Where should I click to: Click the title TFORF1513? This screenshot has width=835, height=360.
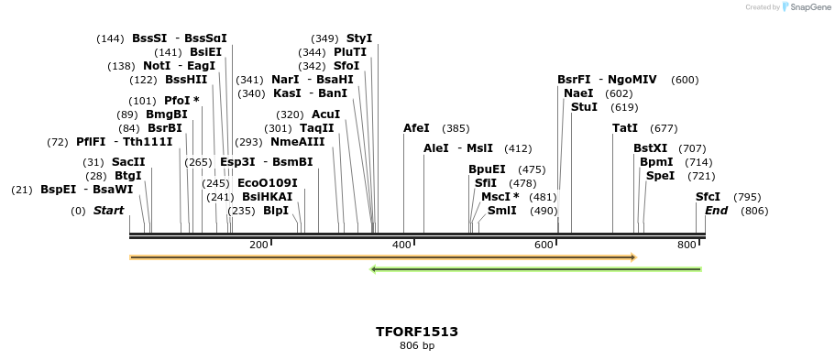[417, 332]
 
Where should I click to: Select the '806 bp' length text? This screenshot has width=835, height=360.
[417, 346]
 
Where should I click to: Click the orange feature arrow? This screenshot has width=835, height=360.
[383, 257]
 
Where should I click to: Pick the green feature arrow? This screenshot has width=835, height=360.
[536, 269]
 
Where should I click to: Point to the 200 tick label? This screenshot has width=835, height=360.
[258, 245]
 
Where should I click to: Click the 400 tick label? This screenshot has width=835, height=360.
[401, 245]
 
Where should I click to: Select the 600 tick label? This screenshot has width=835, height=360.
[544, 245]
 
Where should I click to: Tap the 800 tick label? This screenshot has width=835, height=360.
[687, 245]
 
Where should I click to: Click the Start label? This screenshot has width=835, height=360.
[108, 211]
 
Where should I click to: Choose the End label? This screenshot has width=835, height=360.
[716, 211]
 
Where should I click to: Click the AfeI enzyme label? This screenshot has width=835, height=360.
[416, 129]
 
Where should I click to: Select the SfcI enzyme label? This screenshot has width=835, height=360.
[708, 197]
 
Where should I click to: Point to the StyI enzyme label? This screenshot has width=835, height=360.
[359, 38]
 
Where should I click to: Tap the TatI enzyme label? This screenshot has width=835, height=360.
[625, 129]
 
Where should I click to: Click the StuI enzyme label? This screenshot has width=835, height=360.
[584, 107]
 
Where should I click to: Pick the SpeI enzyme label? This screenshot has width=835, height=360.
[660, 176]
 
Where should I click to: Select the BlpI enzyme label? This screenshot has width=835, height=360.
[276, 211]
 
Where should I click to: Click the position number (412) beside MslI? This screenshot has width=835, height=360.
[518, 148]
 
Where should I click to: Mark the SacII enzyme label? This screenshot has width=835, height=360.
[128, 162]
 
